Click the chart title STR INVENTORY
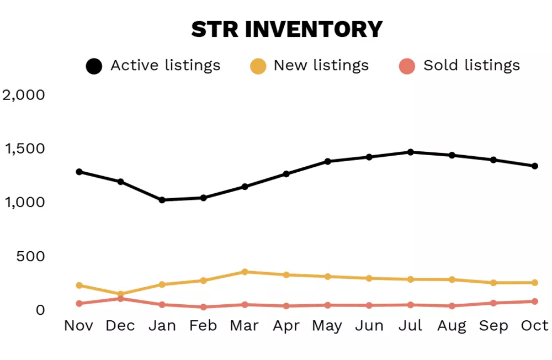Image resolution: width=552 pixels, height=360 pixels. pyautogui.click(x=286, y=29)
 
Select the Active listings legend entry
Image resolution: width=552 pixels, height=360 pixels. pyautogui.click(x=153, y=66)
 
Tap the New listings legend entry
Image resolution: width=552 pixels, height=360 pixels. pyautogui.click(x=309, y=66)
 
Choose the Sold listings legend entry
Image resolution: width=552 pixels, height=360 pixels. pyautogui.click(x=459, y=66)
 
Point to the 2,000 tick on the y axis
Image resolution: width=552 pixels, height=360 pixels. pyautogui.click(x=23, y=95)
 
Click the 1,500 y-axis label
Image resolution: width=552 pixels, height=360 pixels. pyautogui.click(x=23, y=149)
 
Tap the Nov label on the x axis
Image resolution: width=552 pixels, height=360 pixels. pyautogui.click(x=79, y=326)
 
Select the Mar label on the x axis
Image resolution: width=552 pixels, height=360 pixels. pyautogui.click(x=245, y=326)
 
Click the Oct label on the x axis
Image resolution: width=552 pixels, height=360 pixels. pyautogui.click(x=534, y=326)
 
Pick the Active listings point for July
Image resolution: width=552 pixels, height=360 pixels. pyautogui.click(x=411, y=152)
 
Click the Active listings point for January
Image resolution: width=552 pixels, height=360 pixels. pyautogui.click(x=162, y=200)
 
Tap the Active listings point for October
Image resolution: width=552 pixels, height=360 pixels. pyautogui.click(x=535, y=166)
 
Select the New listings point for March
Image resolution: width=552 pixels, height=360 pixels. pyautogui.click(x=245, y=272)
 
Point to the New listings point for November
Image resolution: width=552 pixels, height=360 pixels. pyautogui.click(x=79, y=285)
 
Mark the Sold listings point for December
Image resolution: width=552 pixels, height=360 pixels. pyautogui.click(x=121, y=299)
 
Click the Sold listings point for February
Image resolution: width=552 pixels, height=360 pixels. pyautogui.click(x=204, y=307)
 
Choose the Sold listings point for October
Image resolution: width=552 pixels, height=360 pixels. pyautogui.click(x=535, y=301)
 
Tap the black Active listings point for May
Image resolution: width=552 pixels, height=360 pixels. pyautogui.click(x=328, y=161)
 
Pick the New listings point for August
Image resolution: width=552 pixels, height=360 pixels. pyautogui.click(x=452, y=280)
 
